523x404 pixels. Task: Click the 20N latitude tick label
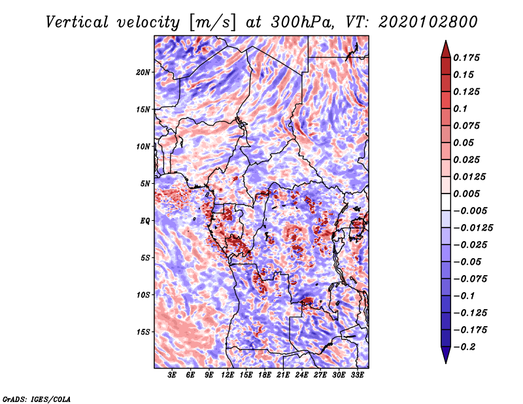(143, 72)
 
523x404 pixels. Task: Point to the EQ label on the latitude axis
(145, 220)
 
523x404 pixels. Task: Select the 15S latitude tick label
(143, 331)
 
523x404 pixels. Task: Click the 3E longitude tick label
(173, 375)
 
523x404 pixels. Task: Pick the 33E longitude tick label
(357, 375)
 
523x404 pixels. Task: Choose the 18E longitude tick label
(265, 375)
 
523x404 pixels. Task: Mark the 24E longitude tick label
(301, 375)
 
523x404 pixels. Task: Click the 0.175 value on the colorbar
(467, 58)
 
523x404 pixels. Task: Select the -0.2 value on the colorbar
(465, 346)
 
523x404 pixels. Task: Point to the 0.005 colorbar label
(467, 194)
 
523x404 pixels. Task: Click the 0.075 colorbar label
(467, 126)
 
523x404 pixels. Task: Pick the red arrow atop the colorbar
(445, 48)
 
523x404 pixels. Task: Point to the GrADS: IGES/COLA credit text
(37, 398)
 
